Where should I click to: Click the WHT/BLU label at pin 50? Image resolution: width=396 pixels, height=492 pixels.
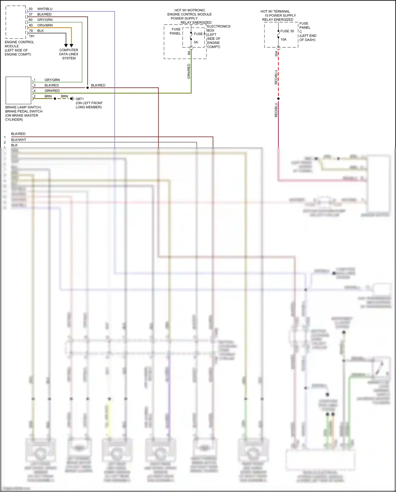coord(45,9)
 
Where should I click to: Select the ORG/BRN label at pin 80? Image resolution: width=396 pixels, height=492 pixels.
coord(45,25)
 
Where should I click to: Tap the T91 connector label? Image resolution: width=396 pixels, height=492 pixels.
coord(32,36)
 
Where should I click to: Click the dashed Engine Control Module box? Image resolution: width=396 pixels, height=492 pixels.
coord(16,22)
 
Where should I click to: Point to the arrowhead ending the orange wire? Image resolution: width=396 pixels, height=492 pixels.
coord(71,45)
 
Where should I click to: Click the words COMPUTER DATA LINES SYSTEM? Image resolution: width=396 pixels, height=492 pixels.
coord(69,54)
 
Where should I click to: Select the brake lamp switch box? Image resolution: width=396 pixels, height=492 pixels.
coord(18,90)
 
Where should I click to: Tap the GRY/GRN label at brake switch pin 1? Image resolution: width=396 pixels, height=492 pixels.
coord(52,80)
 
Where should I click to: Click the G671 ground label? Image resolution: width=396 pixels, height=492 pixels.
coord(80,99)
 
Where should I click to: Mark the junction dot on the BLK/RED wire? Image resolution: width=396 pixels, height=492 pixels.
coord(88,88)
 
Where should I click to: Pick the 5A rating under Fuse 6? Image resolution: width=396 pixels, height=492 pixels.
coord(196,42)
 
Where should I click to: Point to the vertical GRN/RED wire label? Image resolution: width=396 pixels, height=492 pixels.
coord(189,71)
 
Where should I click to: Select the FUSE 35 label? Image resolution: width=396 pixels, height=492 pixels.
coord(287,31)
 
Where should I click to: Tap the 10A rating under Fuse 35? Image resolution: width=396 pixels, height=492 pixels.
coord(283,40)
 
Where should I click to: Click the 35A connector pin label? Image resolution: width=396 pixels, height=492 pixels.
coord(276,54)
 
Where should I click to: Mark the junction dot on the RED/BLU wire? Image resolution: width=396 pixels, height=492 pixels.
coord(278,99)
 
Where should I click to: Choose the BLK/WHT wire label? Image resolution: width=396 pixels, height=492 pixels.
coord(19,140)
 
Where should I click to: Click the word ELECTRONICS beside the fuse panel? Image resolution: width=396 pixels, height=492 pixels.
coord(219,26)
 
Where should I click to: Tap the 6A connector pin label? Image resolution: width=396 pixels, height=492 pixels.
coord(189,53)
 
